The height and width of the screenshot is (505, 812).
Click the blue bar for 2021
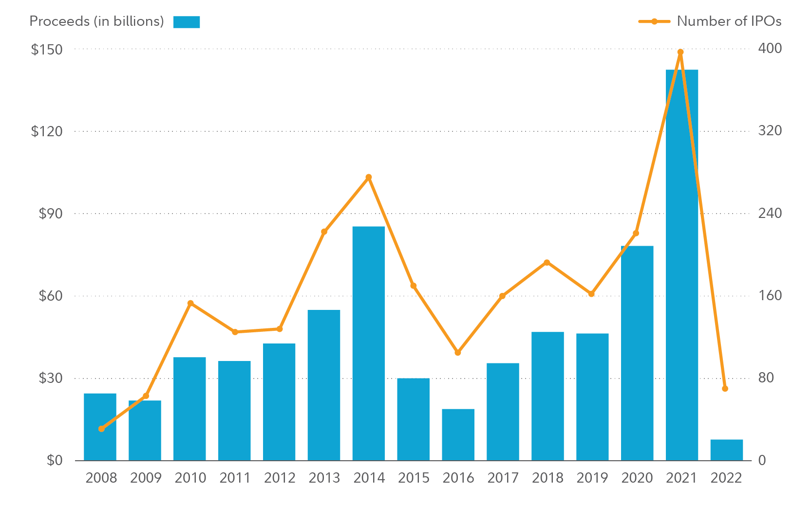click(x=681, y=265)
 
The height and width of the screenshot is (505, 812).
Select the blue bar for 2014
click(x=368, y=343)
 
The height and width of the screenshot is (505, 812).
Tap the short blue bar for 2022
click(x=726, y=450)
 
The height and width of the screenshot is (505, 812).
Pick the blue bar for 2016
click(x=458, y=434)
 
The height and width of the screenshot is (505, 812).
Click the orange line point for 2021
click(x=680, y=52)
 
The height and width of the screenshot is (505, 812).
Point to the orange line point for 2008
click(x=101, y=429)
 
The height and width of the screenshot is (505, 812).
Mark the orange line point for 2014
click(x=369, y=177)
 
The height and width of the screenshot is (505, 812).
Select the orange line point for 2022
click(x=725, y=389)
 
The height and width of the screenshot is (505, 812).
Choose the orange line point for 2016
click(x=457, y=352)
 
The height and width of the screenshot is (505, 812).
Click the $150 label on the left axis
click(x=47, y=49)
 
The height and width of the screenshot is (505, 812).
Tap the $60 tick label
click(x=50, y=296)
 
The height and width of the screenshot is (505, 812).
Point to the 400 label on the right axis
click(x=770, y=48)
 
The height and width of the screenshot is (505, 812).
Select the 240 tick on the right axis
click(x=770, y=213)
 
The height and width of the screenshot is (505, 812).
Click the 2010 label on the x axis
click(x=190, y=478)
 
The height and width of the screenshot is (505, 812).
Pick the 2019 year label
click(x=592, y=478)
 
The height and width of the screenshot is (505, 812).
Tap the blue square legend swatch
click(x=187, y=22)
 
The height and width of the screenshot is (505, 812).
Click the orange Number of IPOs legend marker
click(x=654, y=21)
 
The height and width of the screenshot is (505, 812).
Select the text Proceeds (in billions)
click(x=96, y=21)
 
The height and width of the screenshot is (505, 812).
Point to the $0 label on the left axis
click(x=55, y=460)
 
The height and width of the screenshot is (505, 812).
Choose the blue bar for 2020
click(x=637, y=353)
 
